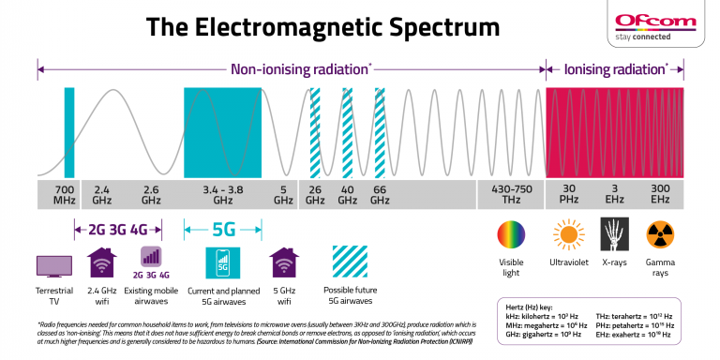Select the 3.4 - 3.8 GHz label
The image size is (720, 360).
[222, 193]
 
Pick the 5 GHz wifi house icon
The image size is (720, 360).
[283, 262]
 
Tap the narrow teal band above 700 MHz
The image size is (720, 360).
[68, 130]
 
